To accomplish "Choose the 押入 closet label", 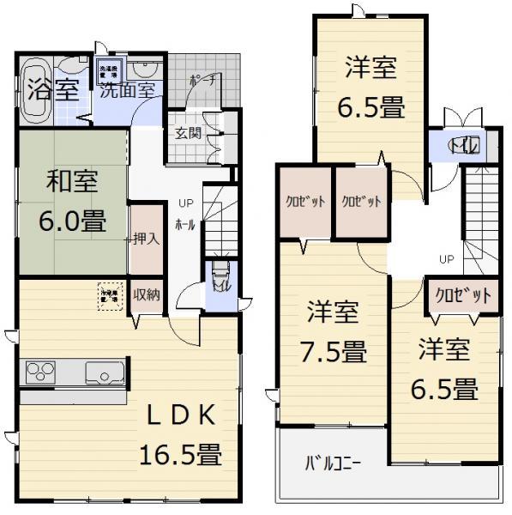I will (x=148, y=239).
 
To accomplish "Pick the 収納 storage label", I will (x=147, y=294).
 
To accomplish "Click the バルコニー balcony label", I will (x=334, y=464).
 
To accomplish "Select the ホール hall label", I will (x=184, y=225).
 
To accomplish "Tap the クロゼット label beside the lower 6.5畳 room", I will (x=464, y=295).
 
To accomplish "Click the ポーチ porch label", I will (x=203, y=80).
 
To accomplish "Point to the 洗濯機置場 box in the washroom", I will (x=111, y=69).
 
